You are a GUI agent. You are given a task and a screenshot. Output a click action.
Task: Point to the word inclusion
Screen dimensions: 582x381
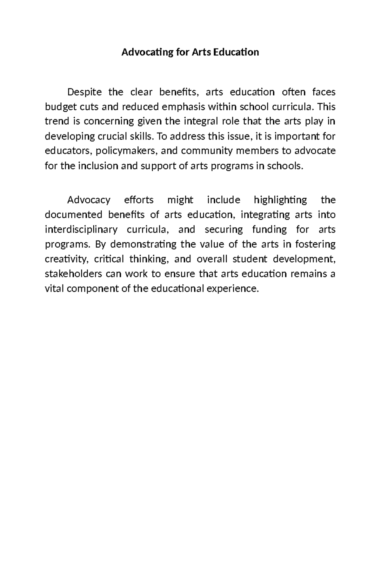[98, 166]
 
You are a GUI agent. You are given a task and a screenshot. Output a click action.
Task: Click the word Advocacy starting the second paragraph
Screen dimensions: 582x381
[89, 200]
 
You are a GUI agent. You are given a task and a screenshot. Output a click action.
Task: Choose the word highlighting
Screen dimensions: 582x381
[280, 200]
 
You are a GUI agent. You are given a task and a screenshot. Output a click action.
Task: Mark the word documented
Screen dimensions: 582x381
[73, 215]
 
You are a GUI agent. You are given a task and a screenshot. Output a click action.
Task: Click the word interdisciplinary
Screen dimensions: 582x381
[81, 229]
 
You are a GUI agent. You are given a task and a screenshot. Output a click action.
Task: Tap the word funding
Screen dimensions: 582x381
[269, 229]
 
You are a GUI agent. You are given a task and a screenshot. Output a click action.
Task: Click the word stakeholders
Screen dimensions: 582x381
[73, 274]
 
